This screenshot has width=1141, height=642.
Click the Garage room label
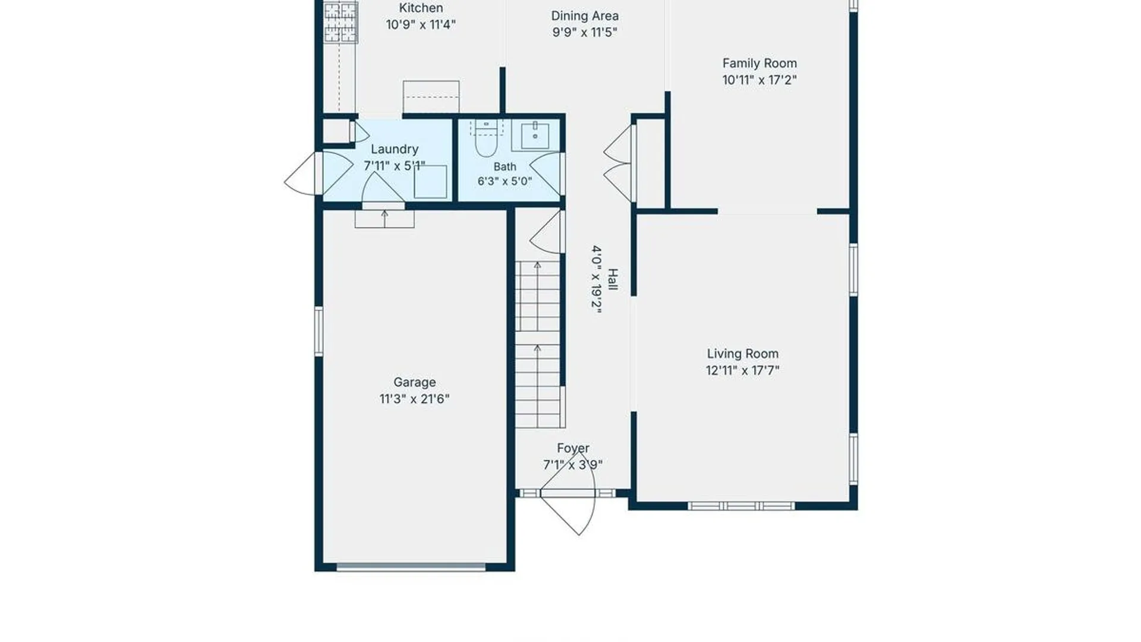coord(414,382)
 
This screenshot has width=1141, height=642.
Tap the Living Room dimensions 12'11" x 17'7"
coord(742,370)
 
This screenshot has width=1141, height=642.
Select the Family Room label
coord(759,63)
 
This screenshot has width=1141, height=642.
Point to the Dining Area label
coord(585,16)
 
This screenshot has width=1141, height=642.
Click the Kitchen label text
coord(421,8)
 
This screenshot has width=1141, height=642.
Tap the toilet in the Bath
coord(486,137)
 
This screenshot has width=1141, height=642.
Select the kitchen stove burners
coord(341,22)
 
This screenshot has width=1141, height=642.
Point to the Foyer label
coord(573,448)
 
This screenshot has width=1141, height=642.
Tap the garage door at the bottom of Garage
coord(411,567)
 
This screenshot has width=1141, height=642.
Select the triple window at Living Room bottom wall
coord(742,506)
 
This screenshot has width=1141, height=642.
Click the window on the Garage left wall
coord(319,331)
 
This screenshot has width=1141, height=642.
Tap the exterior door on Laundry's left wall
coord(304,173)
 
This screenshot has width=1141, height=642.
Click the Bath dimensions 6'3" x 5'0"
coord(505,181)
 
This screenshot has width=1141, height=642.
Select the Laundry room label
coord(395,149)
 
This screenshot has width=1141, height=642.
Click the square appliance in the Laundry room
coord(430,182)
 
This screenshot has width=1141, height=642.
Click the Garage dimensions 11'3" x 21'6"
coord(414,399)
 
